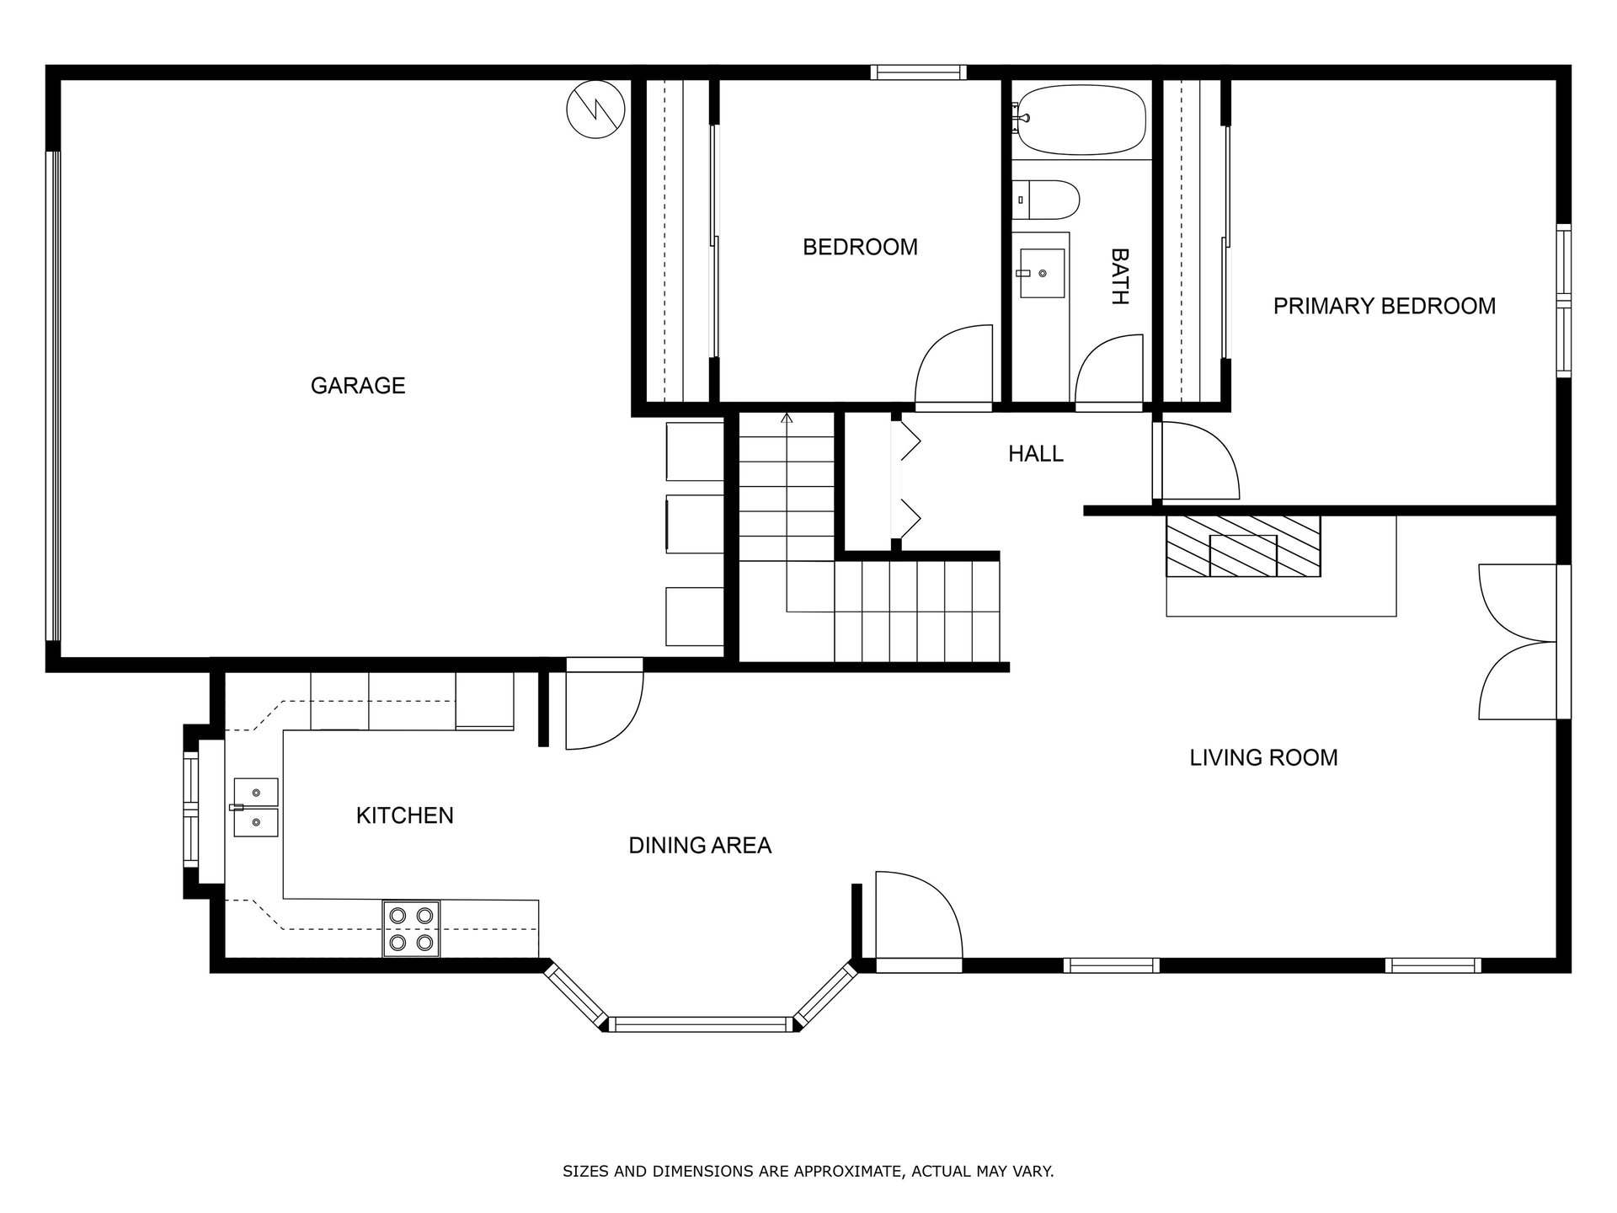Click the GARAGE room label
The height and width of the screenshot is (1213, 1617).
tap(358, 386)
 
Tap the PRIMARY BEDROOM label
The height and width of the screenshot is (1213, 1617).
tap(1385, 306)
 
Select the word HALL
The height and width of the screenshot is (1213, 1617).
tap(1036, 454)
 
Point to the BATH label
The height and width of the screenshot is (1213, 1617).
tap(1119, 276)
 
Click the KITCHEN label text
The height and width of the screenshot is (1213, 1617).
tap(405, 815)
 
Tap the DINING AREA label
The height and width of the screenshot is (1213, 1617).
tap(700, 846)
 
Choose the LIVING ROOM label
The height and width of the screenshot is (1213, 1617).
tap(1263, 758)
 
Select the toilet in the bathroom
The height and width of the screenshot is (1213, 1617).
tap(1046, 200)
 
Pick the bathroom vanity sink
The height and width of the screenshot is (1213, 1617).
tap(1042, 273)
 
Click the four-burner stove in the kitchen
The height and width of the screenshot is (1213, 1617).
tap(411, 929)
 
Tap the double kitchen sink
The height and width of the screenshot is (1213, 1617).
tap(255, 808)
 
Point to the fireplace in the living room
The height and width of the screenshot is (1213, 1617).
tap(1243, 547)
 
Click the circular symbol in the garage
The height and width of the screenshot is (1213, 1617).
tap(595, 110)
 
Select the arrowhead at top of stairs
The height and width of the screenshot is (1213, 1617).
tap(787, 418)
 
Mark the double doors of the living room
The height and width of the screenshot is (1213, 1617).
tap(1518, 642)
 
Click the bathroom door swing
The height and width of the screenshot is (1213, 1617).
tap(1110, 371)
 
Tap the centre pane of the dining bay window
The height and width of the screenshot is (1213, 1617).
tap(700, 1024)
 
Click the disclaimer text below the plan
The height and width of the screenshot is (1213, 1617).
tap(808, 1171)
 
